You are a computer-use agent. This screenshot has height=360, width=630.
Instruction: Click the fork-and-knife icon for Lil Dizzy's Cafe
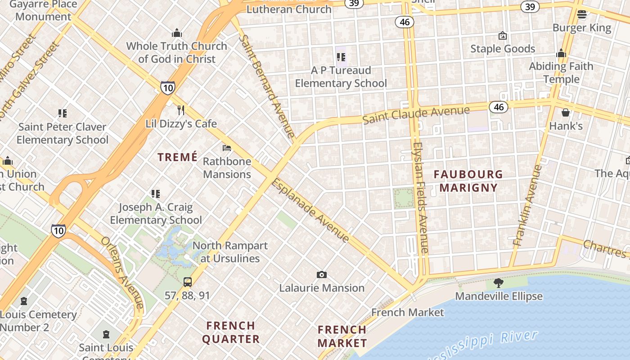pyautogui.click(x=181, y=110)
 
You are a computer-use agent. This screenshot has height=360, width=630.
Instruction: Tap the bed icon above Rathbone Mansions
pyautogui.click(x=227, y=148)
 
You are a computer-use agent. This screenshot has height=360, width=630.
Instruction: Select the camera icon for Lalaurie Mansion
pyautogui.click(x=321, y=274)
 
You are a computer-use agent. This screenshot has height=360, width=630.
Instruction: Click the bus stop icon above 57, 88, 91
pyautogui.click(x=188, y=282)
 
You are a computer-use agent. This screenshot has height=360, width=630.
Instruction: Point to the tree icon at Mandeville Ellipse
pyautogui.click(x=498, y=283)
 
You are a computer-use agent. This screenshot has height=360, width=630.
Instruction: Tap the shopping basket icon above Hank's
pyautogui.click(x=566, y=112)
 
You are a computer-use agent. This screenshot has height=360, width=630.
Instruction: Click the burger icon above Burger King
pyautogui.click(x=581, y=14)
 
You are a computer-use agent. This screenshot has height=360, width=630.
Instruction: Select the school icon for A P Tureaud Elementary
pyautogui.click(x=341, y=57)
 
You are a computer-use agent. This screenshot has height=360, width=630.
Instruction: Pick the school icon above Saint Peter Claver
pyautogui.click(x=62, y=113)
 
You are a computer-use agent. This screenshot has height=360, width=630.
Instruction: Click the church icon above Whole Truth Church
pyautogui.click(x=176, y=33)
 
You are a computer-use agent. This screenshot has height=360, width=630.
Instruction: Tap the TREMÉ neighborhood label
pyautogui.click(x=178, y=157)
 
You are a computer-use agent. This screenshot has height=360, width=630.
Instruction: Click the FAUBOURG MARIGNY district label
pyautogui.click(x=468, y=181)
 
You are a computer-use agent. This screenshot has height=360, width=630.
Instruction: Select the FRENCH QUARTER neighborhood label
pyautogui.click(x=231, y=332)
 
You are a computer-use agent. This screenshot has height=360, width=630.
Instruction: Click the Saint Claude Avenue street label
pyautogui.click(x=416, y=115)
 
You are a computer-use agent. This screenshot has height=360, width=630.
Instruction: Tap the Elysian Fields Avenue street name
pyautogui.click(x=421, y=198)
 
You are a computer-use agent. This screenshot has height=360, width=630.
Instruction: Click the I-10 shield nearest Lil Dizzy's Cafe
pyautogui.click(x=167, y=87)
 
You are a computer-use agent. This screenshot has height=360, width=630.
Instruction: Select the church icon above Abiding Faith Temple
pyautogui.click(x=561, y=54)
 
